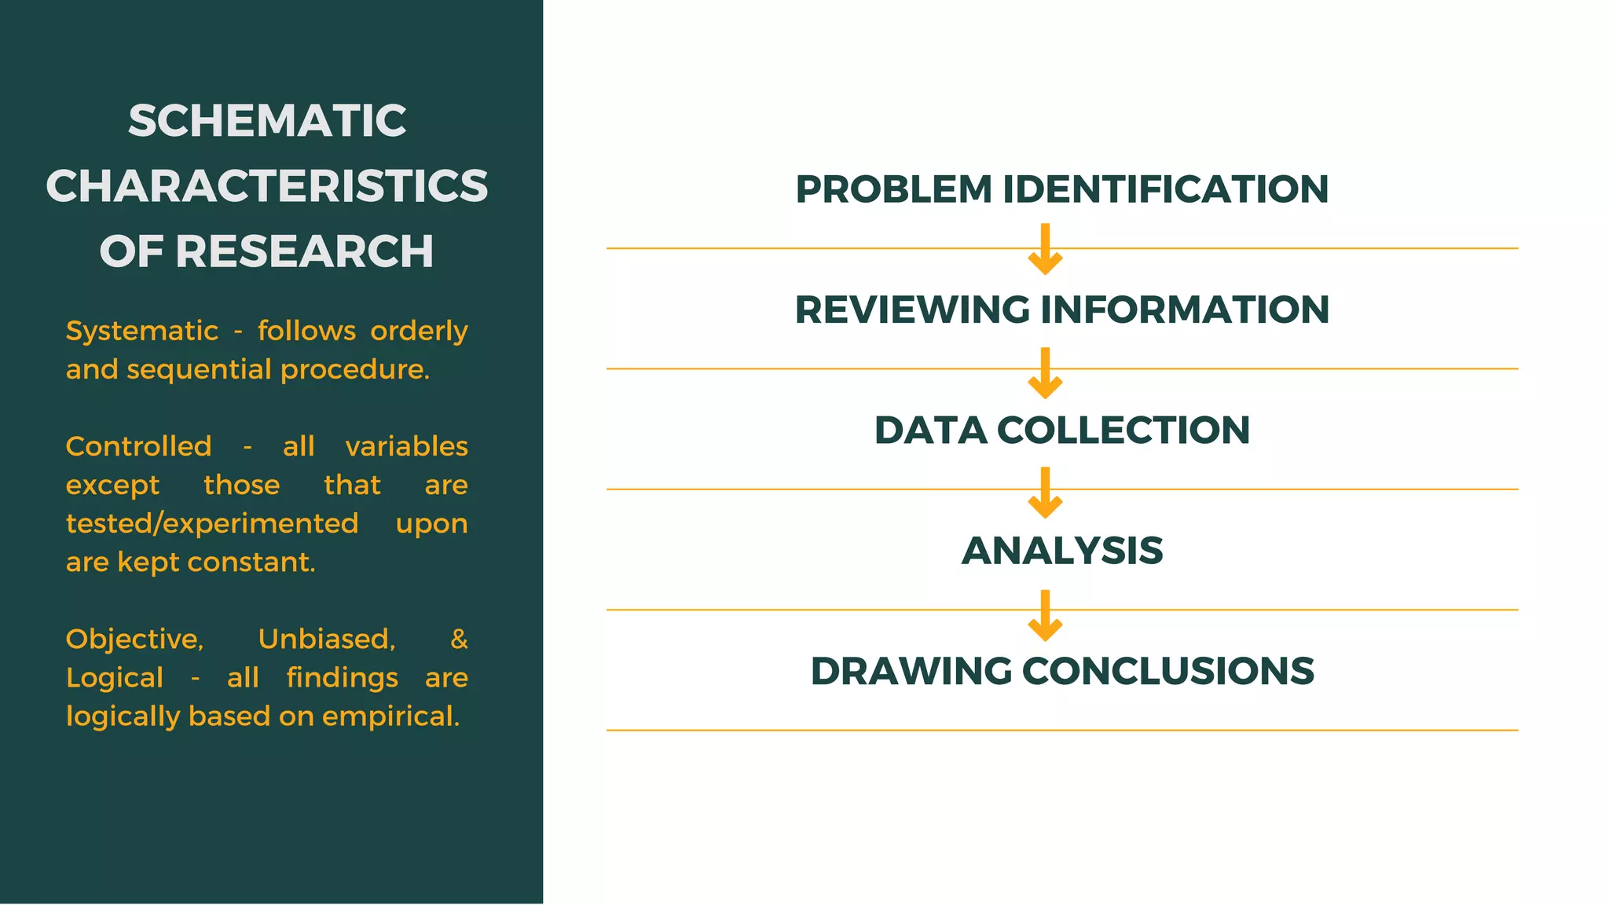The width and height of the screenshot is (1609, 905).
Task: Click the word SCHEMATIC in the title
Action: (x=267, y=121)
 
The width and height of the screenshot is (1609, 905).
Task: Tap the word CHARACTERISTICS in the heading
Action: (x=267, y=186)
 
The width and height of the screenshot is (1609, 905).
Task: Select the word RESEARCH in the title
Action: (x=304, y=251)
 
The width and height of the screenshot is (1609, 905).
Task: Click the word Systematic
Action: (x=141, y=332)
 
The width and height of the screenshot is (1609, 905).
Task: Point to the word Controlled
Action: (x=138, y=446)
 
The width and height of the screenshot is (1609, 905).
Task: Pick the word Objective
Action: (x=134, y=639)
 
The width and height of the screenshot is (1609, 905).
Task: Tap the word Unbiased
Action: (x=326, y=639)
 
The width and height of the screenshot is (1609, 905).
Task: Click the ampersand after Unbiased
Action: (x=460, y=639)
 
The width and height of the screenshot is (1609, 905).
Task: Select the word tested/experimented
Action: (x=212, y=523)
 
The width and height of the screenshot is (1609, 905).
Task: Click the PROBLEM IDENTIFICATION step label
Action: (x=1062, y=189)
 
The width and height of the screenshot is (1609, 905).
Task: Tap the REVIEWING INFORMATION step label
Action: (x=1062, y=310)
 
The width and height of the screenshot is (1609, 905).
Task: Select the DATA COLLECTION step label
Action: (x=1062, y=431)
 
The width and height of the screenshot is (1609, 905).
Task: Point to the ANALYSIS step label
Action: (x=1062, y=551)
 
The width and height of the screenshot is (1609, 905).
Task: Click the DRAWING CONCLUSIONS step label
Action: (x=1062, y=671)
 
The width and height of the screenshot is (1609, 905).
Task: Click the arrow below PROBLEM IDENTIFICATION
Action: (x=1045, y=249)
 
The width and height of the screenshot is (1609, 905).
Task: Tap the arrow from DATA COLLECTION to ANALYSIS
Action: (x=1045, y=493)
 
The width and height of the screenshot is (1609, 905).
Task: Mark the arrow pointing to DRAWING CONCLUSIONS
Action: (x=1045, y=615)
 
